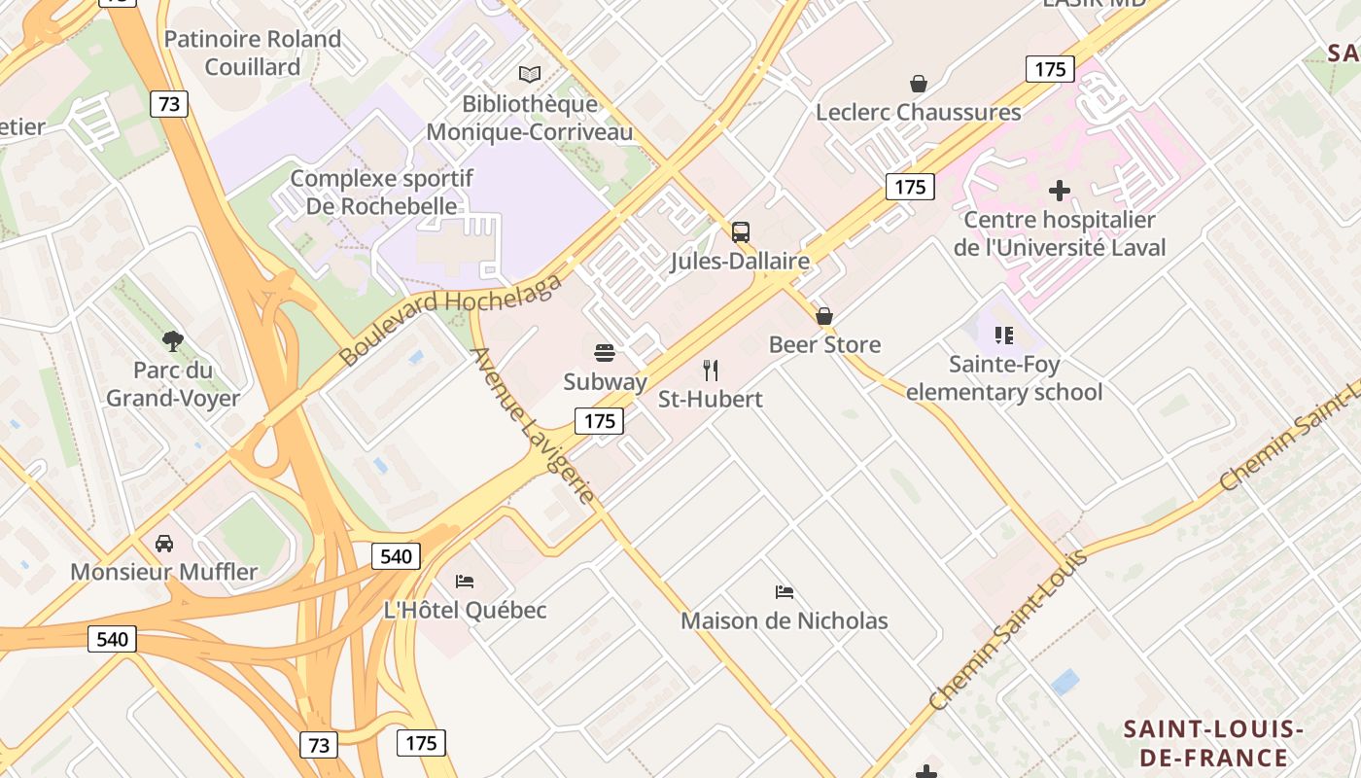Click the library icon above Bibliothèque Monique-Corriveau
point(530,74)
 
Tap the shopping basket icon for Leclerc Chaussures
point(918,84)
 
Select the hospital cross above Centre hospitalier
point(1060,191)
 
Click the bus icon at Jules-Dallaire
point(741,232)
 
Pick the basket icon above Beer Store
point(824,316)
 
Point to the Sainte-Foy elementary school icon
point(1004,336)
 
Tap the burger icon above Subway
point(605,352)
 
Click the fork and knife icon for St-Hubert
point(711,370)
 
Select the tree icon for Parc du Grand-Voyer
point(173,341)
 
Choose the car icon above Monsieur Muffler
point(164,543)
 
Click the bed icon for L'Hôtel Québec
point(465,582)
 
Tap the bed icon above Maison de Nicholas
point(785,591)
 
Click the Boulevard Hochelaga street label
point(451,320)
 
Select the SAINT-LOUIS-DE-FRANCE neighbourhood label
point(1212,743)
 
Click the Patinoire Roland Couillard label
point(253,53)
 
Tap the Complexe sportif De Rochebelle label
point(382,192)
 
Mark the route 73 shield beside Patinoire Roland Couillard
point(169,104)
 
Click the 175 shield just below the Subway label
point(600,421)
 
